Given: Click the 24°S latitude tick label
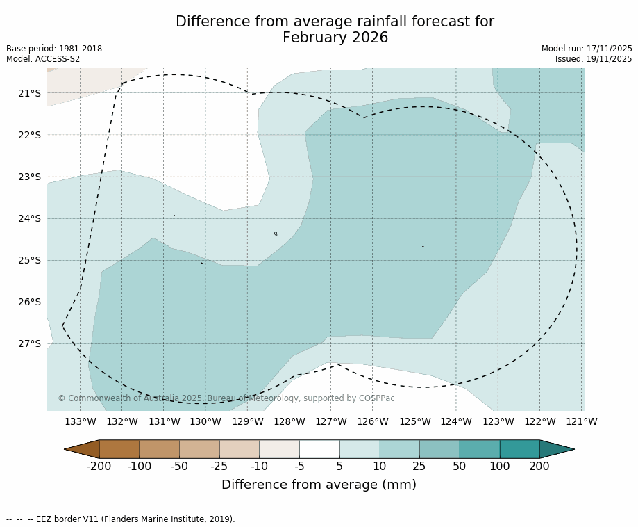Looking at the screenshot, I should click(30, 218).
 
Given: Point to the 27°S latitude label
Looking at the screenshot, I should click(30, 343).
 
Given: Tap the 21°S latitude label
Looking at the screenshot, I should click(30, 93).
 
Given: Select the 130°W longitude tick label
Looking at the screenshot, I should click(205, 421).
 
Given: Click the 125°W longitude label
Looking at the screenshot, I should click(414, 421).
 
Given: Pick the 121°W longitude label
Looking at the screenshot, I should click(582, 421).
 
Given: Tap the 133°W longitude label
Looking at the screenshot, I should click(81, 421).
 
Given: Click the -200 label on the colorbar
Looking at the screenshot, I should click(99, 467).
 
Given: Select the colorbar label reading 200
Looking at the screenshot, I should click(539, 467).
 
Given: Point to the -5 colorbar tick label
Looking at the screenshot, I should click(299, 467).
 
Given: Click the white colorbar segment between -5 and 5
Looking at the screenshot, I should click(319, 449).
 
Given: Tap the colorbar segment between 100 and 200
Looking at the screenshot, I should click(519, 449).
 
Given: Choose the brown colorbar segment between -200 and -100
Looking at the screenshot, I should click(119, 449).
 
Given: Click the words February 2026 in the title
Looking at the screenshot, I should click(335, 38).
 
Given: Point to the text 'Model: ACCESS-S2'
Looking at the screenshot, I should click(43, 59).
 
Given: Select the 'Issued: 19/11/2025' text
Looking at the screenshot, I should click(594, 59).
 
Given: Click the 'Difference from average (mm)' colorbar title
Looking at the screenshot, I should click(319, 485).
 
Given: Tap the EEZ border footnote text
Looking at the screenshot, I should click(121, 519).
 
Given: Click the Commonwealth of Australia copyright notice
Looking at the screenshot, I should click(226, 398).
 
